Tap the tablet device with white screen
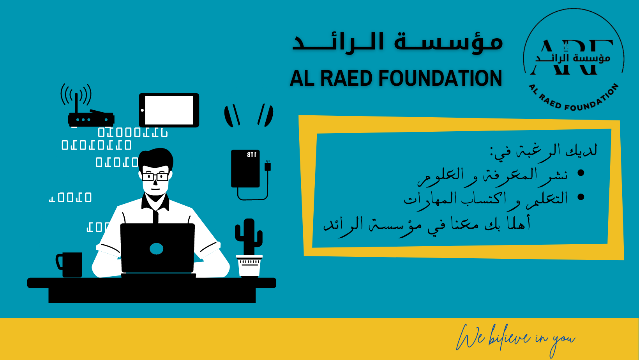169,110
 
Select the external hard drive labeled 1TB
245,169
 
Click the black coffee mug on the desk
69,265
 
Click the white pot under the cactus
249,266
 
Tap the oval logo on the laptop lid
156,249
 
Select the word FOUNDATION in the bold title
440,78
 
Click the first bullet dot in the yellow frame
581,173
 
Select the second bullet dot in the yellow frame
581,197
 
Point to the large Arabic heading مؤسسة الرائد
398,42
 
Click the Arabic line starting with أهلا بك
427,224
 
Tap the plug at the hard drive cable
268,166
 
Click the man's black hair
156,158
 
